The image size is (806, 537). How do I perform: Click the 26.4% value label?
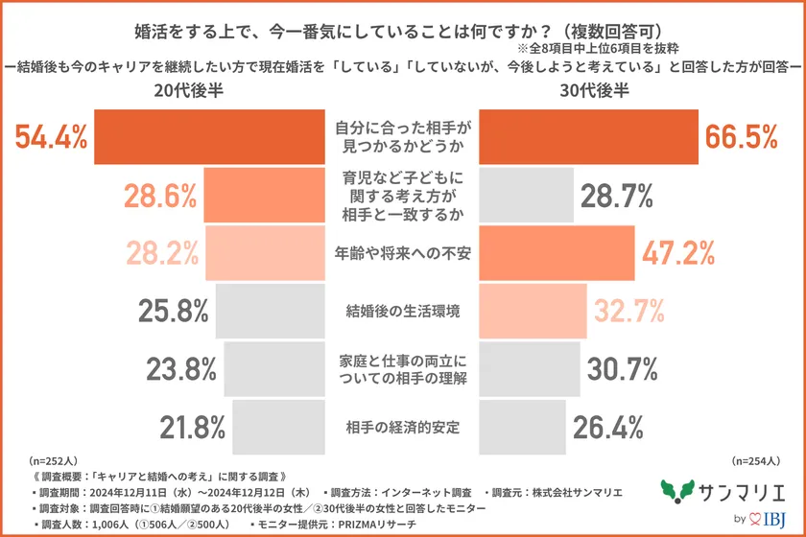point(607,425)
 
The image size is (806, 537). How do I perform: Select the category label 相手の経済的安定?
point(403,425)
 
